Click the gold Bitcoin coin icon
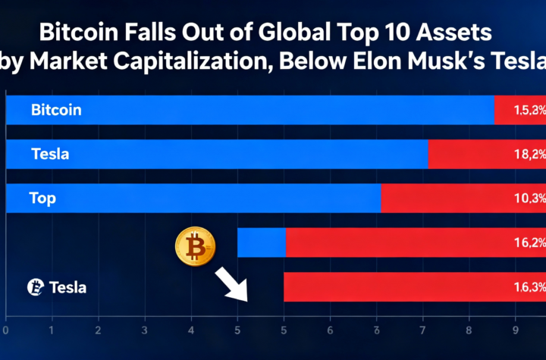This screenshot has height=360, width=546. [195, 247]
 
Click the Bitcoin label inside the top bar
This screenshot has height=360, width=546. [56, 110]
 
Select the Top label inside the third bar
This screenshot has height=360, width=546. [42, 199]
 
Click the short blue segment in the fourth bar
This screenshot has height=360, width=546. [261, 243]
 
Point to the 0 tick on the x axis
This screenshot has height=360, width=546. [6, 330]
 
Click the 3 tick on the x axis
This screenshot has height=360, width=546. [144, 330]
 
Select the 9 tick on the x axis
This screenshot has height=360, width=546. [516, 330]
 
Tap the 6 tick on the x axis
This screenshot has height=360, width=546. [330, 330]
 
